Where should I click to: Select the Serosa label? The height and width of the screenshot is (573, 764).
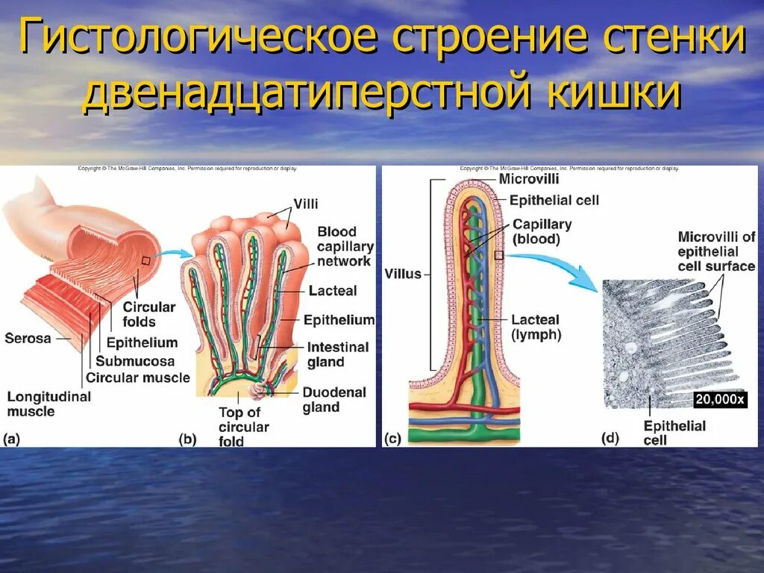tap(28, 338)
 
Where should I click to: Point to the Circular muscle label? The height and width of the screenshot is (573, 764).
tap(137, 378)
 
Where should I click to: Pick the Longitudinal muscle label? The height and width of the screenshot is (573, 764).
tap(48, 404)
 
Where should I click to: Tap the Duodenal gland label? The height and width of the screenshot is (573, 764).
tap(334, 400)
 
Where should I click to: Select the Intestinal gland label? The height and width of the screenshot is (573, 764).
tap(337, 354)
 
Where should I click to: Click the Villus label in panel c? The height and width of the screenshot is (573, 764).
tap(402, 274)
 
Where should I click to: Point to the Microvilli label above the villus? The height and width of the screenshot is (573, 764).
tap(529, 179)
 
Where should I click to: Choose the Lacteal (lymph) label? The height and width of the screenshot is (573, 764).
tap(536, 328)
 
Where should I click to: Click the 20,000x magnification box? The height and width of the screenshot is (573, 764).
tap(720, 400)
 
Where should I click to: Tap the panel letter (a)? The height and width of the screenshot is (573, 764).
tap(13, 439)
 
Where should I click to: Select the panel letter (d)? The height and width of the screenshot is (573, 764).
tap(610, 439)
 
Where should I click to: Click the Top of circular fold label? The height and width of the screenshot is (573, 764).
tap(243, 427)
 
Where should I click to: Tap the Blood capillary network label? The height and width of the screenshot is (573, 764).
tap(345, 246)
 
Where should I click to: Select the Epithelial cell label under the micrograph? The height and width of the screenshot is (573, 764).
tap(674, 433)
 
